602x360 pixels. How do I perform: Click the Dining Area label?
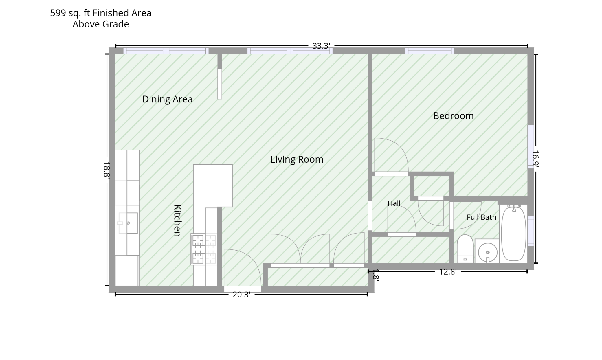167,99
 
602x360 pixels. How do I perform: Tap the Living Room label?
297,159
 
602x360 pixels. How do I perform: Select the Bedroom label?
453,116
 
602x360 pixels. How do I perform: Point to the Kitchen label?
177,221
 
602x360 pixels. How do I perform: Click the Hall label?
394,203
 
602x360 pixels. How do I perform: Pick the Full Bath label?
481,217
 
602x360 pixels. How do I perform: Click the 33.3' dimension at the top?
321,46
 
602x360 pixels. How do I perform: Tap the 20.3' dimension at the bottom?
241,295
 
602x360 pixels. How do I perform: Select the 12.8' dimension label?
448,272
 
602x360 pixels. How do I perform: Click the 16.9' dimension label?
536,159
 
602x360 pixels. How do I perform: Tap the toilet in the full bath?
465,249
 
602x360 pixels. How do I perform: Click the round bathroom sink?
488,252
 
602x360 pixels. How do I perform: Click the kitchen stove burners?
204,249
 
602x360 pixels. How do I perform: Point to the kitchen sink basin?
128,223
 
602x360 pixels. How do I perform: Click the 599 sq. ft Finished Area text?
101,13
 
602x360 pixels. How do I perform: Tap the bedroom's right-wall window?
531,146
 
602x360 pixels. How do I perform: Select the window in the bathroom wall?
531,231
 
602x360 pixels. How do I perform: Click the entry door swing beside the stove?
243,268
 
